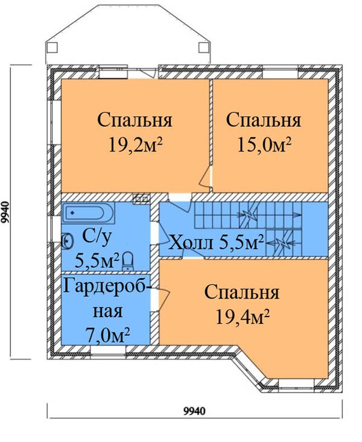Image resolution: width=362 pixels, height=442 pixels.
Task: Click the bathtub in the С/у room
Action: pos(88,212)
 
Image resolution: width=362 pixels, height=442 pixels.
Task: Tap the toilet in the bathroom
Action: pos(129,260)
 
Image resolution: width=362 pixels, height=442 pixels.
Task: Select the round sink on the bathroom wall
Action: pos(68,241)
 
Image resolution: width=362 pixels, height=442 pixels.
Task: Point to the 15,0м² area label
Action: pos(264,145)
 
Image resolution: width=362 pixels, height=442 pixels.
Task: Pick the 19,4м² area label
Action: pos(243,317)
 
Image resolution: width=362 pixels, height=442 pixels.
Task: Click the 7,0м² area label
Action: pos(108,335)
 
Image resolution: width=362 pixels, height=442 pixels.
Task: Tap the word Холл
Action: pos(191,242)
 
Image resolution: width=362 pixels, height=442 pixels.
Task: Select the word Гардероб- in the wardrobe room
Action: pos(108,286)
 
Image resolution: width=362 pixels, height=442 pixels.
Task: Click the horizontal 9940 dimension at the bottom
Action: pos(194,411)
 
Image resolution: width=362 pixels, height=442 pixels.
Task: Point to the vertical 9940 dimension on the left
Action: pos(5,212)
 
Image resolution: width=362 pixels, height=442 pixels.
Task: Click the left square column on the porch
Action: pos(52,48)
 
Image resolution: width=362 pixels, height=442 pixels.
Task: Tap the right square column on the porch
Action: pos(203,48)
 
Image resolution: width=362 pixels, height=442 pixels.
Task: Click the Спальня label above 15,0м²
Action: pos(264,120)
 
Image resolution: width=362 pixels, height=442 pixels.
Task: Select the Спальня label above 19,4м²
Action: pos(242,292)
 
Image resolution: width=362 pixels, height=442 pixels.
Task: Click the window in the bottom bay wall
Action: pos(296,384)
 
